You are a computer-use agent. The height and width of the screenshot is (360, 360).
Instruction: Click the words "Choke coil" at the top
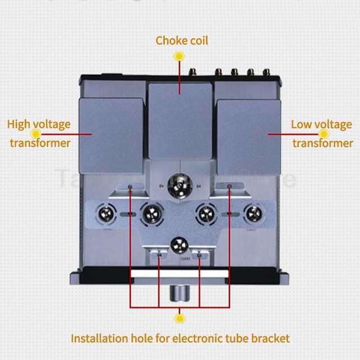pyautogui.click(x=182, y=40)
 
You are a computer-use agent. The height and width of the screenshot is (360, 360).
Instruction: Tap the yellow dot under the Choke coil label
pyautogui.click(x=179, y=56)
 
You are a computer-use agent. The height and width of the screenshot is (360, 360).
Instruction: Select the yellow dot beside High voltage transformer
pyautogui.click(x=37, y=134)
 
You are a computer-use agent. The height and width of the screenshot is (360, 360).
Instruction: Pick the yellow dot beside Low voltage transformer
pyautogui.click(x=323, y=134)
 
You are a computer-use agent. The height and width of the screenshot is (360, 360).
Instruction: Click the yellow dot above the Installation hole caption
pyautogui.click(x=180, y=319)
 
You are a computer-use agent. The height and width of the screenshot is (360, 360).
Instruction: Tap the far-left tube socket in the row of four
pyautogui.click(x=107, y=214)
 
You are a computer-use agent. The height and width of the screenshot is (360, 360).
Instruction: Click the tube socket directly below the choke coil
pyautogui.click(x=181, y=182)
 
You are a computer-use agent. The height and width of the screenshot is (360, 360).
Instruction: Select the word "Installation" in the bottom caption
pyautogui.click(x=98, y=338)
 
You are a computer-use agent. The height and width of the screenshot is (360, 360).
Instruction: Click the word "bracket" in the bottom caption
pyautogui.click(x=271, y=338)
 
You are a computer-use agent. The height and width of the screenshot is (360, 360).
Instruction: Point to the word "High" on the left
pyautogui.click(x=18, y=124)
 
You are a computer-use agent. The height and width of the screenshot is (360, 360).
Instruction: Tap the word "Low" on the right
pyautogui.click(x=301, y=124)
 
